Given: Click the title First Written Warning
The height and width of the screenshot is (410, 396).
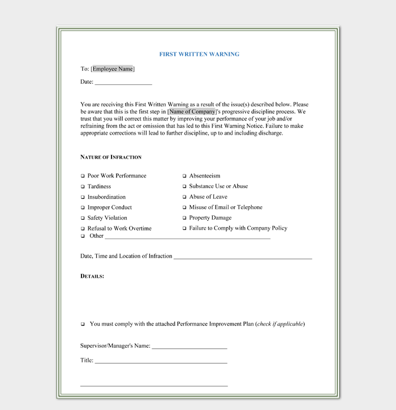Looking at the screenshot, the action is point(199,54).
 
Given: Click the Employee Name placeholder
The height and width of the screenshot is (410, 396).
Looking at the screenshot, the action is point(113,69).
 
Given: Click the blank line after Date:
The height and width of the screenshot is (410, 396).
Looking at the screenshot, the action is point(123,83).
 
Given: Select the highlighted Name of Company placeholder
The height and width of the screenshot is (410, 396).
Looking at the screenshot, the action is point(192,112).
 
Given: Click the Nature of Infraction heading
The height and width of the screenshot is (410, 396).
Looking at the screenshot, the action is point(111,157).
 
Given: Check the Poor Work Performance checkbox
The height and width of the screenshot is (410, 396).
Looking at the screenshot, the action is point(83,176).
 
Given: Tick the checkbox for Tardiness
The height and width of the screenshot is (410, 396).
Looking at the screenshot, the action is point(83,186).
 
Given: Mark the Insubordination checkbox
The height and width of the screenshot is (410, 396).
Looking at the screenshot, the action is point(83,197).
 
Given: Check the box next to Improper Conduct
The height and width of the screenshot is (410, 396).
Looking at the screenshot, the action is point(83,208).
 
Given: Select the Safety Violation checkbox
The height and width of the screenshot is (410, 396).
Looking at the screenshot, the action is point(83,218).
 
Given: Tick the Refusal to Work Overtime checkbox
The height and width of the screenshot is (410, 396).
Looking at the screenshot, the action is point(83,229).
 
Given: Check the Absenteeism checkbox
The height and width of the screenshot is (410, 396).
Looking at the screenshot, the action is point(184,176).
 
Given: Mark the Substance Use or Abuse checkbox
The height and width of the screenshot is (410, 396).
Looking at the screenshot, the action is point(184,186).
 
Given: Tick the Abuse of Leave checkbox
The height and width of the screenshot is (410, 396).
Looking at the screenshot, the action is point(184,197).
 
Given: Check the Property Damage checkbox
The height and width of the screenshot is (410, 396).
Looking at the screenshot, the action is point(184,218).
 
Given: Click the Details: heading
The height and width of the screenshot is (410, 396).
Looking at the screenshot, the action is point(92,276).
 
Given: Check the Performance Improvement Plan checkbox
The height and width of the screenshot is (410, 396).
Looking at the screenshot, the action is point(83,324).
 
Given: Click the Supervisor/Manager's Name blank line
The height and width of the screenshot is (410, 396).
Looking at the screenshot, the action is point(190,347).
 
